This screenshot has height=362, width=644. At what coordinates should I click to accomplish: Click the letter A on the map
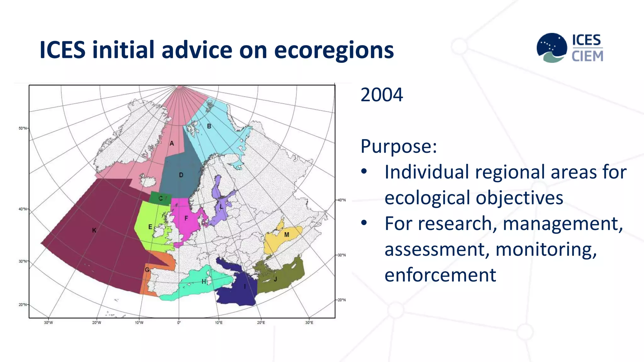click(x=172, y=144)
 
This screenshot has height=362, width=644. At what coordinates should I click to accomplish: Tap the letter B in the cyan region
click(x=209, y=126)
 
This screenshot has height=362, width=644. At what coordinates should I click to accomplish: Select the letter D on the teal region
click(x=181, y=175)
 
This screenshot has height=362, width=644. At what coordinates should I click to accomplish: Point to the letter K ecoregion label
click(x=94, y=230)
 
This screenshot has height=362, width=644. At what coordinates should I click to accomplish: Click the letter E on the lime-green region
click(x=150, y=227)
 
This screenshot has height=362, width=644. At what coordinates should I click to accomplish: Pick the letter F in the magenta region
click(x=186, y=218)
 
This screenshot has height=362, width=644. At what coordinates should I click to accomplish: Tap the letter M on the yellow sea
click(x=286, y=235)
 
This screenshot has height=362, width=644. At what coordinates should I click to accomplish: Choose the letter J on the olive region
click(x=275, y=279)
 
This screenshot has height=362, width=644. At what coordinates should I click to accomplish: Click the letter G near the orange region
click(x=147, y=270)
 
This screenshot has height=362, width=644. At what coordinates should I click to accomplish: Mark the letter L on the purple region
click(x=221, y=206)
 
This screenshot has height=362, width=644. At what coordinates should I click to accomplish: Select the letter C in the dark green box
click(x=160, y=198)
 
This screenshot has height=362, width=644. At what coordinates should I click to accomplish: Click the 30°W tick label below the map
click(x=48, y=323)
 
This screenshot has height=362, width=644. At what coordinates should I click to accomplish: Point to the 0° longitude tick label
click(x=179, y=323)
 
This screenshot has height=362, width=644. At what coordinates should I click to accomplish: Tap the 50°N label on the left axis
click(x=23, y=128)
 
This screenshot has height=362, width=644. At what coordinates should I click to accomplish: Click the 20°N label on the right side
click(x=341, y=300)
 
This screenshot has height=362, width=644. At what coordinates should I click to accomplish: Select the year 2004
click(x=381, y=95)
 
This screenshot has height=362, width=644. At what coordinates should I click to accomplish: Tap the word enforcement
click(x=440, y=275)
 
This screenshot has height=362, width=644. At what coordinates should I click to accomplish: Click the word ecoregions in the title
click(x=334, y=50)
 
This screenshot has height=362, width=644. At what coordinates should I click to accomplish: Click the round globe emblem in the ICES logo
click(x=552, y=47)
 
